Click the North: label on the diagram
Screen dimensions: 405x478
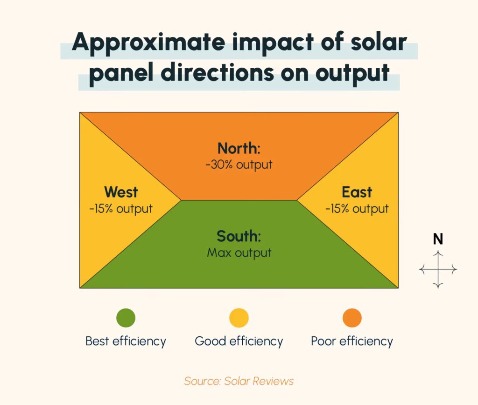[x=239, y=149]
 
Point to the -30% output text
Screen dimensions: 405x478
[x=239, y=165]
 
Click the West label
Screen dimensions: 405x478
[x=121, y=192]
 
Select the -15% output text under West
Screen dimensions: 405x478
[x=121, y=209]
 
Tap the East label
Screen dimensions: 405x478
[x=357, y=192]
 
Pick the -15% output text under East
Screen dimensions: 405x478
[x=357, y=209]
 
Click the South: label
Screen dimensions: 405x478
[x=239, y=236]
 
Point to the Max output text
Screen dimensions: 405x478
[x=239, y=253]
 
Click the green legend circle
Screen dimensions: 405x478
[x=126, y=318]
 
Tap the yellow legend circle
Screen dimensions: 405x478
[x=239, y=318]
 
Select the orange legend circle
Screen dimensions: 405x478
[x=352, y=318]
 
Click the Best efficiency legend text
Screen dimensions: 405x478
[x=126, y=341]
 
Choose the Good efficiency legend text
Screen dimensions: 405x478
[x=239, y=341]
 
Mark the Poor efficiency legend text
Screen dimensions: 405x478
[x=352, y=341]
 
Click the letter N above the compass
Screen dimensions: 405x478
[x=438, y=239]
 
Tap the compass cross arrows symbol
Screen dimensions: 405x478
[x=438, y=269]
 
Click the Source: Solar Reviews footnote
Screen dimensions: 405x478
[x=239, y=381]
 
